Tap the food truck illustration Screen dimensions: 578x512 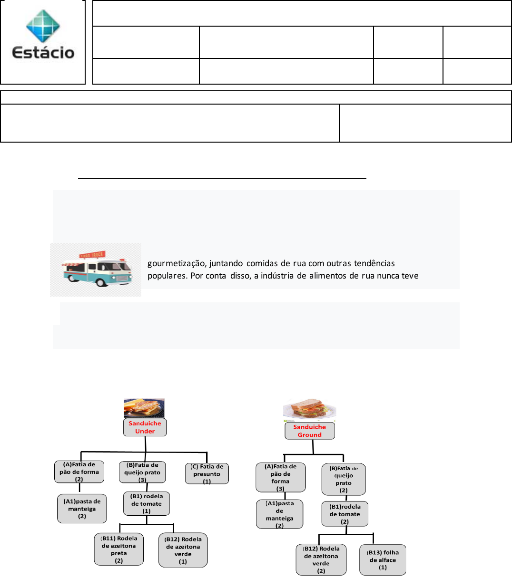tap(96, 269)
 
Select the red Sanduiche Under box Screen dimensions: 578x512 tap(145, 427)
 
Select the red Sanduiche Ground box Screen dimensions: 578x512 tap(310, 431)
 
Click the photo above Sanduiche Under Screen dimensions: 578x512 tap(144, 408)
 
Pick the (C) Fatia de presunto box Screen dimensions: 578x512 tap(207, 474)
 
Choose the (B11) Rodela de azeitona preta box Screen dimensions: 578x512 tap(119, 549)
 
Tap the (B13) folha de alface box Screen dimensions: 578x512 tap(383, 559)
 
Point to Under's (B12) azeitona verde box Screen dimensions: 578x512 tap(183, 550)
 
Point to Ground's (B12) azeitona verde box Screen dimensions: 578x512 tap(321, 559)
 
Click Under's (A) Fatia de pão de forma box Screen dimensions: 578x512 tap(79, 472)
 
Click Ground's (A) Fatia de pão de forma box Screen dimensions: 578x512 tap(281, 477)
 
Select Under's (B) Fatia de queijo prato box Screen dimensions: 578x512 tap(142, 472)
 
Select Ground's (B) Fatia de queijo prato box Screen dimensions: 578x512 tap(344, 479)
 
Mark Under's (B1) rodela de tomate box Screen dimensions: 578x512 tap(147, 504)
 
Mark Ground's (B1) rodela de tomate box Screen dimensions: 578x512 tap(345, 514)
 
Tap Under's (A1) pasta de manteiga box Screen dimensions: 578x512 tap(82, 509)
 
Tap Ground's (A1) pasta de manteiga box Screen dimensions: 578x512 tap(279, 514)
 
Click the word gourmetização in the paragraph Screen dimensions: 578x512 tap(171, 263)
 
